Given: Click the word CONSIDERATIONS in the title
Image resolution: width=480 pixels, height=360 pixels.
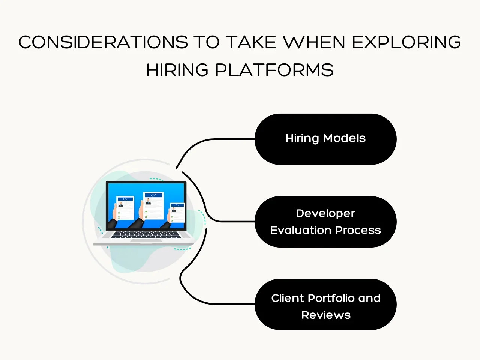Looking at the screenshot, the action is pos(103,42).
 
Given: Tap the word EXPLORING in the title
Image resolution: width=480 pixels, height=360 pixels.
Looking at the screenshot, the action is pos(406,42).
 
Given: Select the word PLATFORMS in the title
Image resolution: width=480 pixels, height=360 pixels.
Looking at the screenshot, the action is pos(274,70).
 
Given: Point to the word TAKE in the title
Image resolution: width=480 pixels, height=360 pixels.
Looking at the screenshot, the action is pos(251,42).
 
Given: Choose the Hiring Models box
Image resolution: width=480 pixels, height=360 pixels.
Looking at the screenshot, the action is pos(325,139).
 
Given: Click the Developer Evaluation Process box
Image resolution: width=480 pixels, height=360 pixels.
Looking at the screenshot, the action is pos(325,222).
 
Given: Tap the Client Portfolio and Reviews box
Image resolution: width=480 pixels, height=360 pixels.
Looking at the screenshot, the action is pos(325,304).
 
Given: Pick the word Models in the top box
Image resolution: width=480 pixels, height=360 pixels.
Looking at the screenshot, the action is pos(344,138).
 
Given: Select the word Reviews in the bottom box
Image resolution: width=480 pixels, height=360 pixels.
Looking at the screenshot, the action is pos(326,315).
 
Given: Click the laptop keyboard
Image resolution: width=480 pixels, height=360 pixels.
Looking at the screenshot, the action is pos(146,235).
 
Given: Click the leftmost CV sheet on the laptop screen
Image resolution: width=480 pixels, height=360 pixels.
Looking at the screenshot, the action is pos(125,208).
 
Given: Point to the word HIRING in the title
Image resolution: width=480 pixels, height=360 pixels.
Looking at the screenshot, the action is pos(177,70).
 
